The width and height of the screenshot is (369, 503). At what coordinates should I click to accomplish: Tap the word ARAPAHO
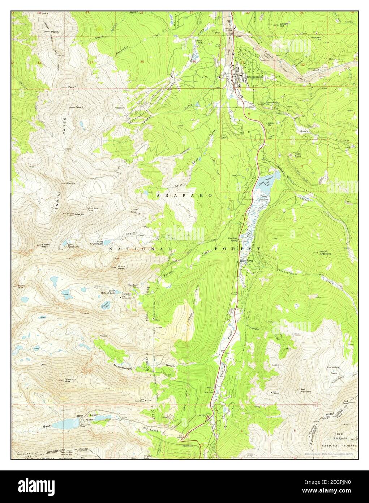(x=185, y=195)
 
